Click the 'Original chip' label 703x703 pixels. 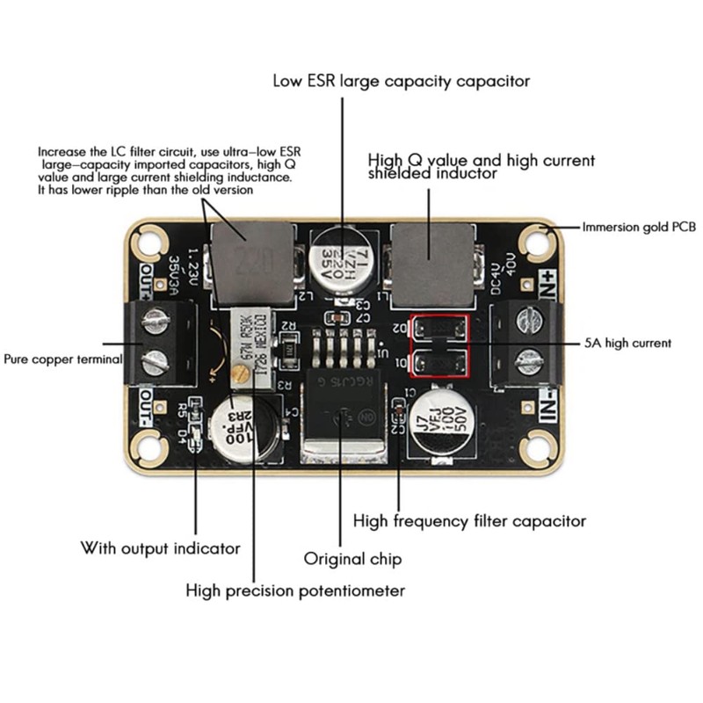(x=351, y=559)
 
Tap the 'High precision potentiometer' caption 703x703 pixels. (x=295, y=591)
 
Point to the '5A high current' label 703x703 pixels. (x=628, y=343)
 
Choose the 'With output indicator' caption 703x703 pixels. (x=161, y=548)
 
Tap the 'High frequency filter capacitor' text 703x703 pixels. (x=469, y=521)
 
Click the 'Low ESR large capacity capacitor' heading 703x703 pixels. (x=402, y=81)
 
